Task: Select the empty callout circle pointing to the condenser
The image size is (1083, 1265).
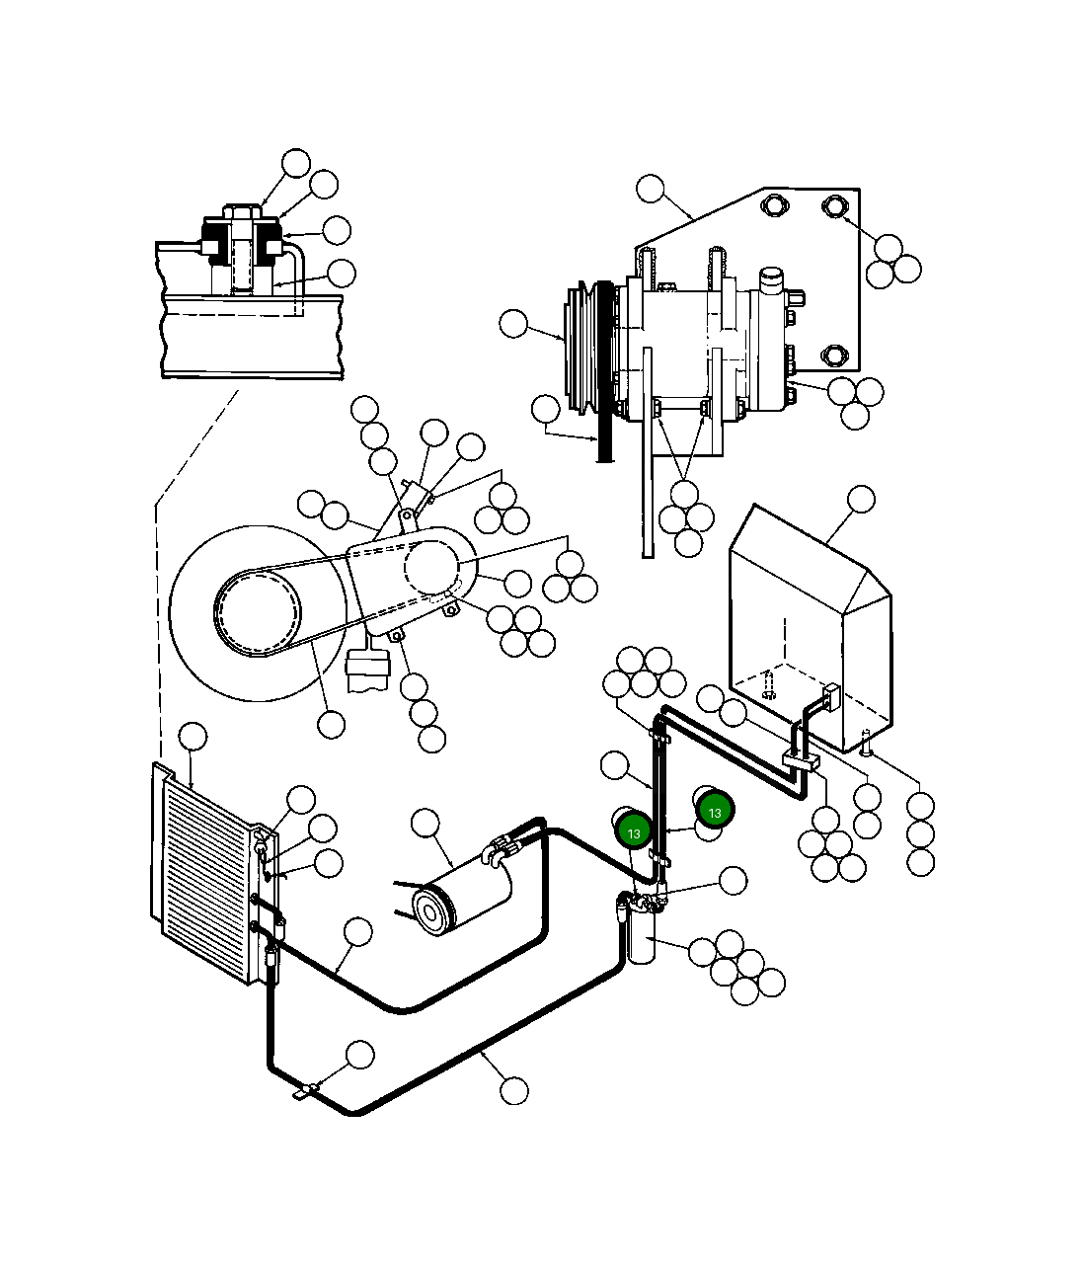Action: pos(193,737)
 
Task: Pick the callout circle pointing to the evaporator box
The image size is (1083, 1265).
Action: pos(861,499)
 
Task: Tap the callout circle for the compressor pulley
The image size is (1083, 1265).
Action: pos(514,323)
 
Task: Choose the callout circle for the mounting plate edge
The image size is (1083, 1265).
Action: pos(651,189)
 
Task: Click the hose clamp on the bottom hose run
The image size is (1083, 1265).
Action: pos(309,1090)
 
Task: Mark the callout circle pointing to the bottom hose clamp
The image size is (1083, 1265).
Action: pos(360,1055)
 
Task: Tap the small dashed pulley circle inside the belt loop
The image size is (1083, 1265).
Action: pos(258,613)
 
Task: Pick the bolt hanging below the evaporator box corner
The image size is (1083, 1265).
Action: pos(866,744)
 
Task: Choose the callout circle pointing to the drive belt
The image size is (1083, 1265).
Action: pos(545,408)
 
